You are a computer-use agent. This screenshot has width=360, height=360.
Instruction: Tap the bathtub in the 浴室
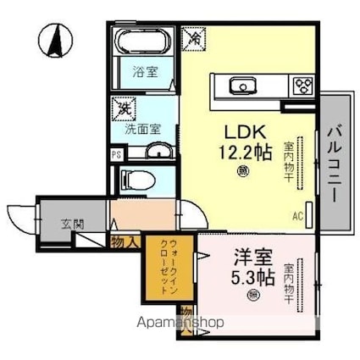coord(142,43)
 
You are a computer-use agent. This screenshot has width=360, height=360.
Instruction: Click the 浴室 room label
coord(142,72)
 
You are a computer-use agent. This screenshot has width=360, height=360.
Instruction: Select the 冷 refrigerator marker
coord(193,39)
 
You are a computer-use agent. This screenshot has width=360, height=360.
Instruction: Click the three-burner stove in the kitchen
coord(302,84)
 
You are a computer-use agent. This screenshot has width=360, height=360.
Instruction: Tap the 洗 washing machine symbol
coord(125,109)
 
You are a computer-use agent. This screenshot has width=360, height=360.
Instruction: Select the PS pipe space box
coord(116,154)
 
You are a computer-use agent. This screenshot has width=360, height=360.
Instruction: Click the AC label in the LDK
coord(298,216)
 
